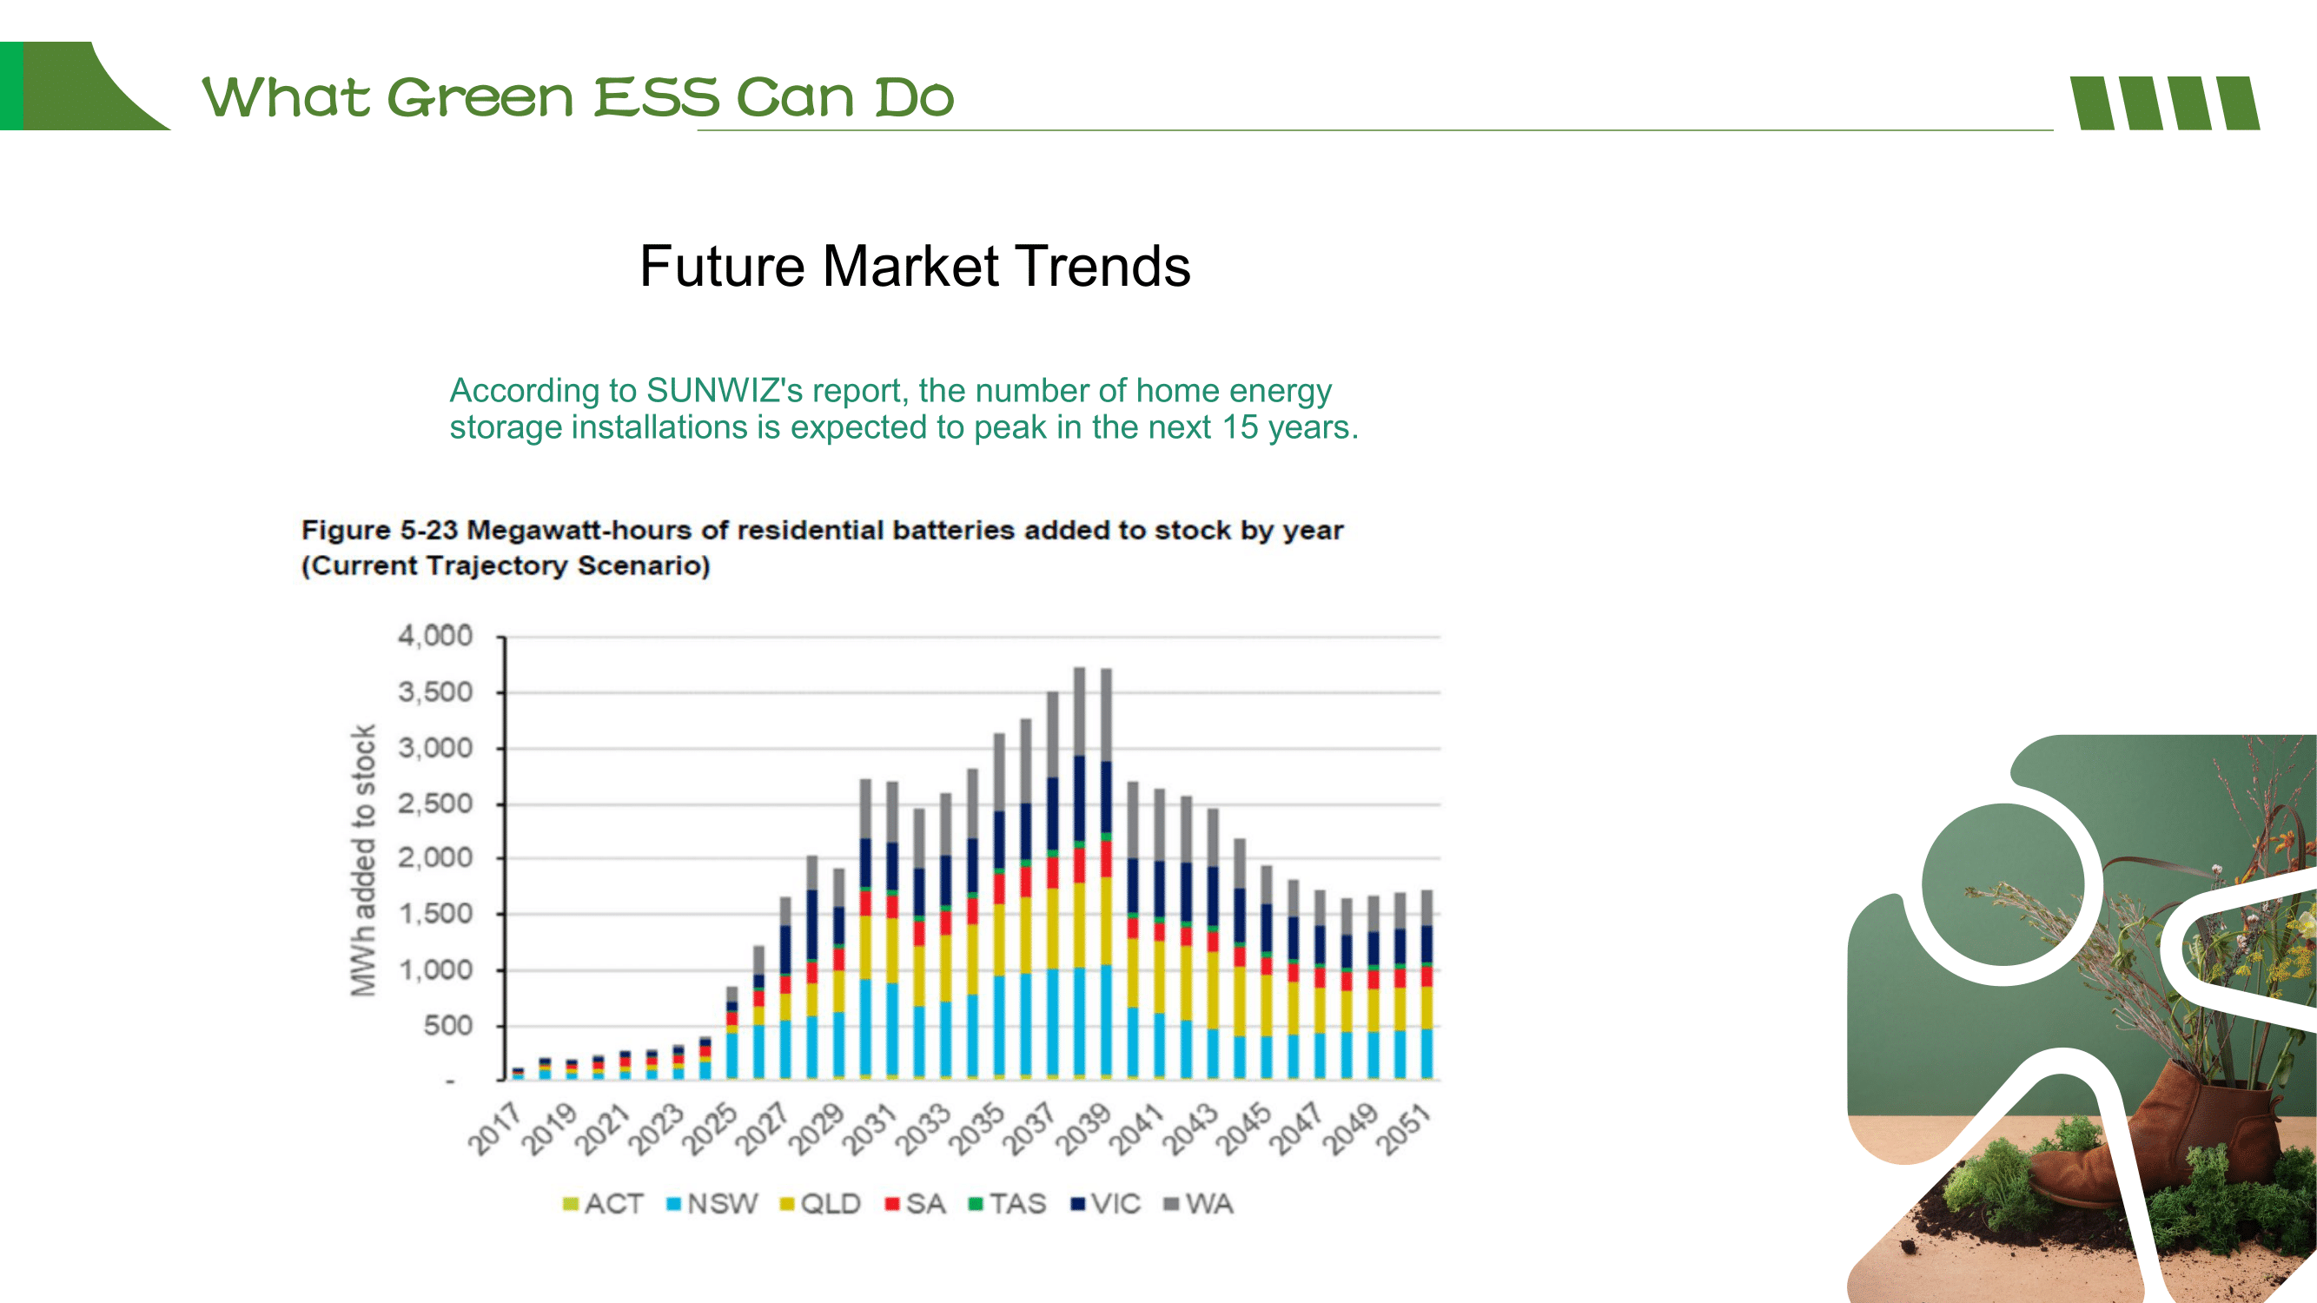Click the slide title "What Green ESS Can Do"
[578, 97]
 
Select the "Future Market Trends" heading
[915, 266]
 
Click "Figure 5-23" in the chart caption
[380, 530]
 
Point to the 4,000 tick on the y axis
[435, 636]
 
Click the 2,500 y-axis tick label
[435, 803]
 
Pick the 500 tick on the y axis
[448, 1025]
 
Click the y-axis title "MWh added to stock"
[362, 861]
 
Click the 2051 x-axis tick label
[1403, 1128]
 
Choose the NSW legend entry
[712, 1204]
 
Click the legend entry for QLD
[820, 1204]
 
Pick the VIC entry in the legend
[1106, 1204]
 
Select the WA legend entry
[1198, 1204]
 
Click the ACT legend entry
[603, 1204]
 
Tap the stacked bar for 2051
[1427, 985]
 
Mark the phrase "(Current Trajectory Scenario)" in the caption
[506, 566]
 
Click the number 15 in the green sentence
[1240, 427]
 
